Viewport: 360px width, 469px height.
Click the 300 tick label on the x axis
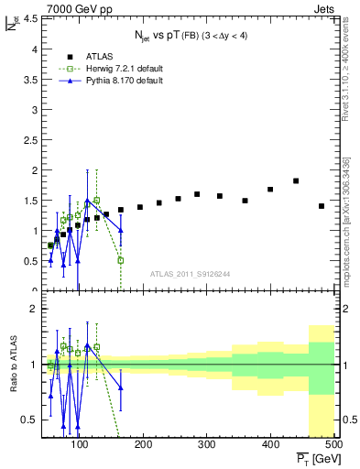pyautogui.click(x=206, y=445)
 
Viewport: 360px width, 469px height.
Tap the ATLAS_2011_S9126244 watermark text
pyautogui.click(x=191, y=273)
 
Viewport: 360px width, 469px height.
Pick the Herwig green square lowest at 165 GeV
pyautogui.click(x=121, y=260)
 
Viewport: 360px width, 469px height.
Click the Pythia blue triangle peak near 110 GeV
pyautogui.click(x=88, y=200)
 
